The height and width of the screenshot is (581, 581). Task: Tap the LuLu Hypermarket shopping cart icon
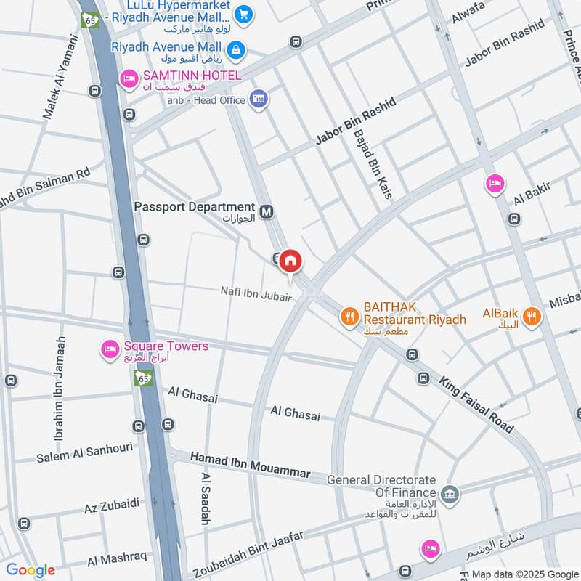243,12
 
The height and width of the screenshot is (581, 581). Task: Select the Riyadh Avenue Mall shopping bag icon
236,49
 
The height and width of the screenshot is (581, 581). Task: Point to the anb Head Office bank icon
258,99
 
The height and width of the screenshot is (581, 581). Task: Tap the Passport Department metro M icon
267,211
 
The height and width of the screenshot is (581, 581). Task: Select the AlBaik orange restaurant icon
532,316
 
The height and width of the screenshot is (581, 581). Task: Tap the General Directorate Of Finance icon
450,493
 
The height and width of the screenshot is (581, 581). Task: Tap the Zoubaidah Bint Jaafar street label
245,553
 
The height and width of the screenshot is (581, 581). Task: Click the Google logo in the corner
31,570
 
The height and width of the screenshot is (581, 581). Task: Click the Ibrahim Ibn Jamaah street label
60,389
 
